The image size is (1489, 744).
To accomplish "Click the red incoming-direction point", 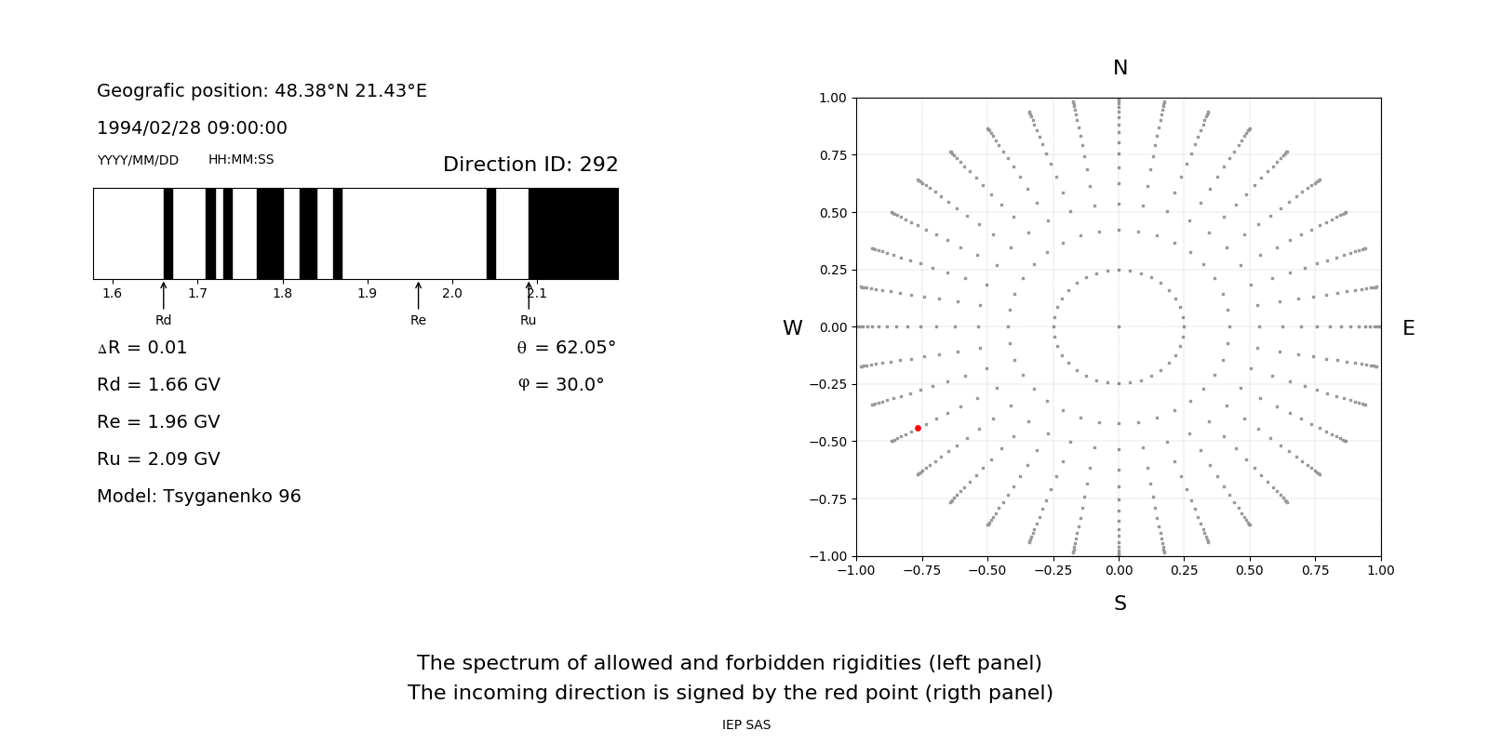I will (x=918, y=428).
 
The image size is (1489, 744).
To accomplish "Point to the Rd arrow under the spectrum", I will (x=164, y=295).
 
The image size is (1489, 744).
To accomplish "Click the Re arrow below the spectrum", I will (x=418, y=295).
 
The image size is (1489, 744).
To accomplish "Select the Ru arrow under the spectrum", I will (x=529, y=295).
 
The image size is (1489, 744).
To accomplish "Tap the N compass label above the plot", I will (x=1120, y=68).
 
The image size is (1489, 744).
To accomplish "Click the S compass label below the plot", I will (x=1120, y=604).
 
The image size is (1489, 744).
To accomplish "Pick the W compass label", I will (x=792, y=328).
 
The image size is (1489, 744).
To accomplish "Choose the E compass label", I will (x=1408, y=328).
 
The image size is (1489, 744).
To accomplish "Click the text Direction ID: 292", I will (x=530, y=165).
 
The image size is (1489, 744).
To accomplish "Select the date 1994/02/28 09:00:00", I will (x=192, y=128).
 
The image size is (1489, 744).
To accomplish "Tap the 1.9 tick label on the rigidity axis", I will (x=368, y=294).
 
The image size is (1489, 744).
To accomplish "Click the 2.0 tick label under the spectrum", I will (x=452, y=294).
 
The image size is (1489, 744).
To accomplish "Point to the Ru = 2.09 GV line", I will (x=158, y=459).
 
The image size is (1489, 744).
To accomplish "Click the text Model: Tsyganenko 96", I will (x=199, y=497).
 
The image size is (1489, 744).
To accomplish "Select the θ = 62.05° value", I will (x=566, y=348).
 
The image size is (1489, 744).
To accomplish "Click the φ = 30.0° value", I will (x=560, y=385).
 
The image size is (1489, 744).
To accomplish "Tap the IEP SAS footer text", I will (x=746, y=725).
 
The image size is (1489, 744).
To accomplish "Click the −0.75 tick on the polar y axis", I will (x=826, y=499).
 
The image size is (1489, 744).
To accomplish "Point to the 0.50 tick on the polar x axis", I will (x=1250, y=570).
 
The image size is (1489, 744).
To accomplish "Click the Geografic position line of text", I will (x=262, y=91).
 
